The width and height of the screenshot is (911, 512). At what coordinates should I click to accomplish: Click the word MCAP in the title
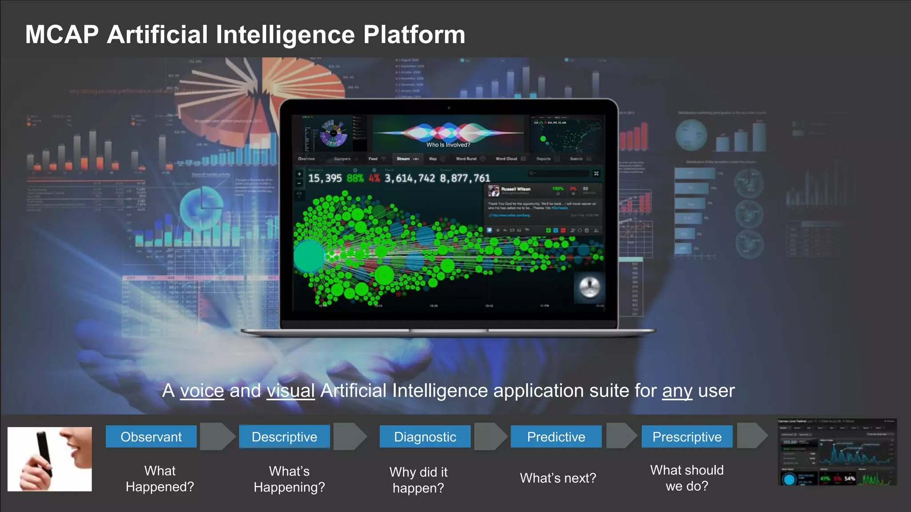[62, 35]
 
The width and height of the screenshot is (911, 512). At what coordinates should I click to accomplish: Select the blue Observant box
[151, 436]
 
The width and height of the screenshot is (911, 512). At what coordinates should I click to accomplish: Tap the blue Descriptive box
[284, 436]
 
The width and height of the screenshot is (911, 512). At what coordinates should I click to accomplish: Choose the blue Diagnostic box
[425, 436]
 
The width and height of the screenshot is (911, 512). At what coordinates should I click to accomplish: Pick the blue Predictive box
[556, 436]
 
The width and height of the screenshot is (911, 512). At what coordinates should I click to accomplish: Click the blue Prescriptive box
[687, 436]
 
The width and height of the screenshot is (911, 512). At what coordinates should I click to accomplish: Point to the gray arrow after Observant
[217, 436]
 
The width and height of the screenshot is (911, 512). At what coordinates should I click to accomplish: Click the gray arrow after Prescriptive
[752, 436]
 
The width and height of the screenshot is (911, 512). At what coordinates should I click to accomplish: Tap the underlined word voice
[202, 391]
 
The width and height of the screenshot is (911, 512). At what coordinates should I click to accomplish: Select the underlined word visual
[290, 391]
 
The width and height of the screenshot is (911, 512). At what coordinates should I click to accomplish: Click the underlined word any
[677, 391]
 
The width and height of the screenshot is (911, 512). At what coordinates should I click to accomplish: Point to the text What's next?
[558, 478]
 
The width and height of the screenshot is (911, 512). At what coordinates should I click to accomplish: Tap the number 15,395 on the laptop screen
[325, 178]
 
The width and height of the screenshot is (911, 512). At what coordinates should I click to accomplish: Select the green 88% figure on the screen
[355, 178]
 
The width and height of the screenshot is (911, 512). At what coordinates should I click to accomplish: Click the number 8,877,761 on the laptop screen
[465, 178]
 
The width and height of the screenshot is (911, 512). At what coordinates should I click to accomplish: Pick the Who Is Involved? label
[448, 145]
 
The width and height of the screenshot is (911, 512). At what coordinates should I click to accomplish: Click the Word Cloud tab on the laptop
[506, 159]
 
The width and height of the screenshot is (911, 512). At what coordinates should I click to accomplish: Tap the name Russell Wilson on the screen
[516, 189]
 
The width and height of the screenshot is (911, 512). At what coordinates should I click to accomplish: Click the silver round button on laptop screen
[589, 287]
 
